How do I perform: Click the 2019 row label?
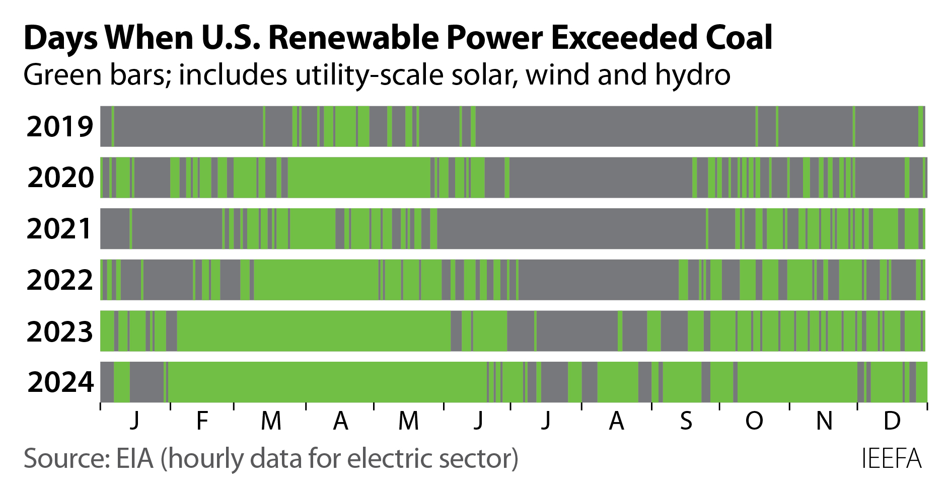[59, 126]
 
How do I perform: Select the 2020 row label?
[60, 178]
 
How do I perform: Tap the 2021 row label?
[59, 229]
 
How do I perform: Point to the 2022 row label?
[59, 280]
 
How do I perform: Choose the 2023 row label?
[59, 332]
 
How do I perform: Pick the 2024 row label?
[60, 382]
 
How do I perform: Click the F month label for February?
[202, 421]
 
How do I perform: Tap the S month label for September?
[686, 421]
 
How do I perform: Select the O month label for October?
[754, 421]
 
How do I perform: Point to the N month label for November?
[824, 421]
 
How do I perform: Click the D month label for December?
[892, 421]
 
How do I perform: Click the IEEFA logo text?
[891, 459]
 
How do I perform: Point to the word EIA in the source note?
[134, 459]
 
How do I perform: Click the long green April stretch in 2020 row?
[358, 178]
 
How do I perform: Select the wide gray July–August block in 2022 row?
[598, 280]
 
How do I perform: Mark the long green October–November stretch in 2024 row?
[797, 382]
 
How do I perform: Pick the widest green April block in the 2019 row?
[345, 126]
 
